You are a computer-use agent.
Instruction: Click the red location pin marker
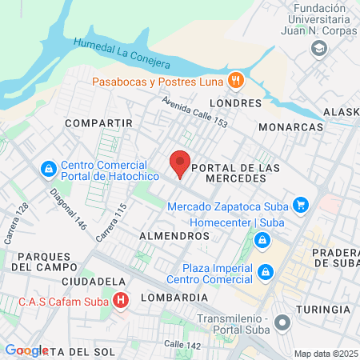click(x=180, y=163)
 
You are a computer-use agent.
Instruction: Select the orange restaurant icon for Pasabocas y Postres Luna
click(x=235, y=80)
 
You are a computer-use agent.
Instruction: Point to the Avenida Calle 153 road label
click(x=194, y=112)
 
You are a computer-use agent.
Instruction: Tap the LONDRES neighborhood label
click(x=234, y=103)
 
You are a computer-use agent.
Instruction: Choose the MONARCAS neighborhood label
click(x=291, y=127)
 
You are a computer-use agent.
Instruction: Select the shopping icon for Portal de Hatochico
click(x=49, y=170)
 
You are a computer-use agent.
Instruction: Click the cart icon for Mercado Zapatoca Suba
click(x=301, y=206)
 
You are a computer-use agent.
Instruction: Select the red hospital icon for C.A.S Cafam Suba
click(x=121, y=302)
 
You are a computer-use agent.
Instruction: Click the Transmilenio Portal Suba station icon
click(x=282, y=323)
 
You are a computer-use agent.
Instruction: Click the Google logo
click(x=26, y=350)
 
